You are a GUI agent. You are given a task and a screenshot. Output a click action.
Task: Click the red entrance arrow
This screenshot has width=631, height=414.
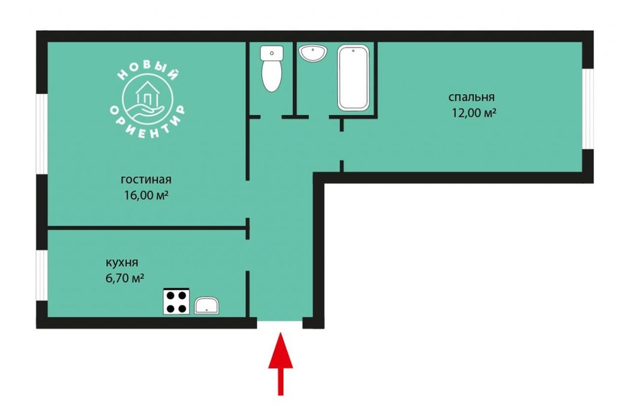pyautogui.click(x=280, y=362)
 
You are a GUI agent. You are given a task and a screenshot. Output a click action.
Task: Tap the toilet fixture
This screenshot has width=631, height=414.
pyautogui.click(x=272, y=68)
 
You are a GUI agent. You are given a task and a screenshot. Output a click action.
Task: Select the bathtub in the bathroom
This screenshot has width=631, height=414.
pyautogui.click(x=353, y=78)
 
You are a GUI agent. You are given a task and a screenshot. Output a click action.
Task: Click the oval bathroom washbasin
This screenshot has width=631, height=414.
pyautogui.click(x=313, y=53)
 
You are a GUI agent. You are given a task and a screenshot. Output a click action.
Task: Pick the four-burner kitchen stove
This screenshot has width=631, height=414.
pyautogui.click(x=176, y=301)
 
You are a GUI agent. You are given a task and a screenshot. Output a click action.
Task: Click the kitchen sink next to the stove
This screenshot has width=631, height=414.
pyautogui.click(x=207, y=306)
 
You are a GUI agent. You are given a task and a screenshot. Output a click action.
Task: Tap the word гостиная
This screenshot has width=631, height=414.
pyautogui.click(x=146, y=180)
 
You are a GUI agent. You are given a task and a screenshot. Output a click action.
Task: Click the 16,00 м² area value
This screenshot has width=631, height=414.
pyautogui.click(x=146, y=195)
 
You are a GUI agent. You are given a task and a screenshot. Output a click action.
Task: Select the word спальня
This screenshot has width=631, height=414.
pyautogui.click(x=472, y=97)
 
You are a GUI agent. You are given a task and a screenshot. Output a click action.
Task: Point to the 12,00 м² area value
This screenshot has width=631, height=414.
pyautogui.click(x=474, y=113)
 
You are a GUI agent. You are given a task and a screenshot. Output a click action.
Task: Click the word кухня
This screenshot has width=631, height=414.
pyautogui.click(x=122, y=263)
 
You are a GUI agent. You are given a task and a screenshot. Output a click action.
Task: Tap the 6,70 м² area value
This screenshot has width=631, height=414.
pyautogui.click(x=125, y=278)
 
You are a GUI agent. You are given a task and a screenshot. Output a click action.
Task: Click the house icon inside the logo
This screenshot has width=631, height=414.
pyautogui.click(x=147, y=95)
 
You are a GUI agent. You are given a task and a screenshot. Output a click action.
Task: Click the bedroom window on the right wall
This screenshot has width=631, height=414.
pyautogui.click(x=588, y=109)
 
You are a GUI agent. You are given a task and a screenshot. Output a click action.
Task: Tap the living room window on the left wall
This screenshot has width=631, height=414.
pyautogui.click(x=42, y=135)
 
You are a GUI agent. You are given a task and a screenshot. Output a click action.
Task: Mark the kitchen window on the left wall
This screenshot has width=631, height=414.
pyautogui.click(x=42, y=276)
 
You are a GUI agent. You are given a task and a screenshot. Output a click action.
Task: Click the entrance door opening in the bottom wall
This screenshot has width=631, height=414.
pyautogui.click(x=280, y=323)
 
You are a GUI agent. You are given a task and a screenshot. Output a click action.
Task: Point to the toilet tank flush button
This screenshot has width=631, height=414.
pyautogui.click(x=272, y=52)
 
